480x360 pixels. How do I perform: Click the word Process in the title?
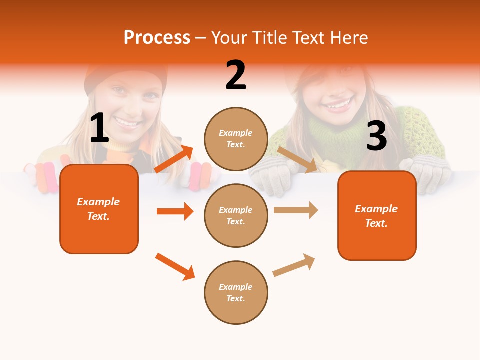157,38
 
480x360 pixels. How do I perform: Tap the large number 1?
99,128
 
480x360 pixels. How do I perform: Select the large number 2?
236,75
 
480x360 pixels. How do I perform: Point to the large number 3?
376,136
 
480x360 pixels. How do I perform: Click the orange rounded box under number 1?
99,209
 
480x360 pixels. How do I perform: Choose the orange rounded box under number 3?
377,215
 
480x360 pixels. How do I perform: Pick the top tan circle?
236,139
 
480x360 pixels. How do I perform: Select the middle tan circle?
236,215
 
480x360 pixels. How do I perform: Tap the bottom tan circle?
236,292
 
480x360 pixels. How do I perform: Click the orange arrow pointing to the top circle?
174,159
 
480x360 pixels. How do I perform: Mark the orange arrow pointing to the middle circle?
175,211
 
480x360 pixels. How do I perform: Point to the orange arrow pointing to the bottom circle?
175,266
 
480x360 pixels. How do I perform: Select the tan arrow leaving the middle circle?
296,210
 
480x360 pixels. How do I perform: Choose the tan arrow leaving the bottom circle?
294,265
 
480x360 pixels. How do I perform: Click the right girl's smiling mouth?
338,105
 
